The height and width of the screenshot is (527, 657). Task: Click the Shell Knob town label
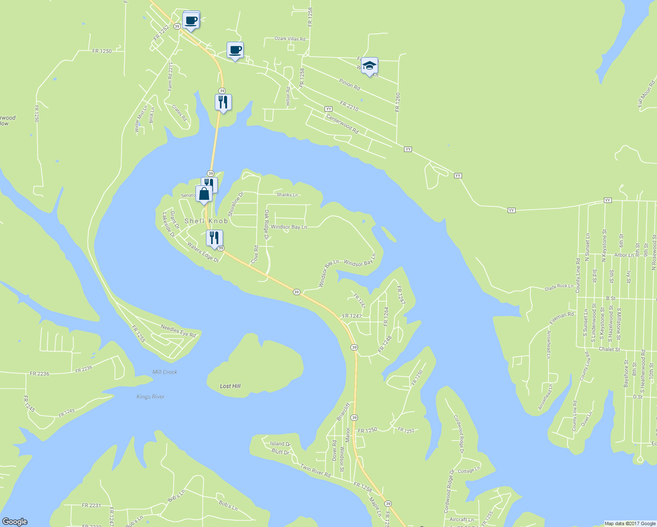coord(206,221)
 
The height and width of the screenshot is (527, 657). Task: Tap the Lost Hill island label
coord(230,386)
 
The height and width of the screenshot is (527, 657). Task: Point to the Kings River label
coord(150,397)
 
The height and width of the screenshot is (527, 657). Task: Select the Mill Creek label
coord(165,372)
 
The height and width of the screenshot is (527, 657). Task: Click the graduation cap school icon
coord(369,66)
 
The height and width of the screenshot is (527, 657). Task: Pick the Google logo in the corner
coord(15,522)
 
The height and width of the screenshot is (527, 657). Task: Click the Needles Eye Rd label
coord(178,331)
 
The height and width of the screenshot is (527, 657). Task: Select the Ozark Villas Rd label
coord(290,39)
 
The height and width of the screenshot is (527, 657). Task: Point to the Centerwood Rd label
coord(342,124)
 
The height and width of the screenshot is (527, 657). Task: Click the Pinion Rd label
coord(350,84)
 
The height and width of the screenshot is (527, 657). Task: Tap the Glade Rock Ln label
coord(559,287)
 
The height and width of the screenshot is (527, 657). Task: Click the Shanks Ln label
coord(287,195)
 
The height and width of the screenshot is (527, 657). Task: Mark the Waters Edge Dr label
coord(203,252)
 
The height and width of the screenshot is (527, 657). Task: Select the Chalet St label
coord(610,350)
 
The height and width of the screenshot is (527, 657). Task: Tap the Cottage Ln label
coord(469,471)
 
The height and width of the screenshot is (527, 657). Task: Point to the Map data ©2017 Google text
coord(630,523)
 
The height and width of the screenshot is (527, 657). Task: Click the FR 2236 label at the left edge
coord(40,374)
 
